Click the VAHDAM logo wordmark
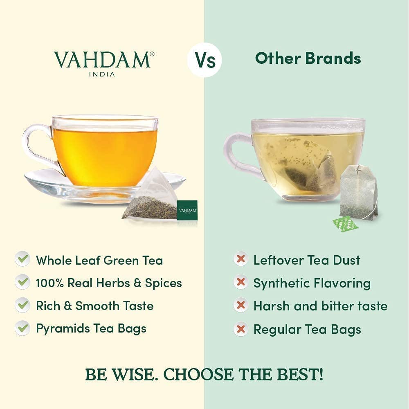coord(102,60)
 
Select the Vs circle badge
coord(204,60)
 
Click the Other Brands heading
coord(308,58)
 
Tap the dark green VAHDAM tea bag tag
coord(187,210)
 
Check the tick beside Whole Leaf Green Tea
coord(22,260)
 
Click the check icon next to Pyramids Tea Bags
coord(22,328)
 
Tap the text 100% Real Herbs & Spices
coord(109,283)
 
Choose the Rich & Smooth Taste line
coord(94,306)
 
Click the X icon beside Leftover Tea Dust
coord(241,260)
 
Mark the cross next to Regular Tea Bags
coord(241,329)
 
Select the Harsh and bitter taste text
coord(320,306)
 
